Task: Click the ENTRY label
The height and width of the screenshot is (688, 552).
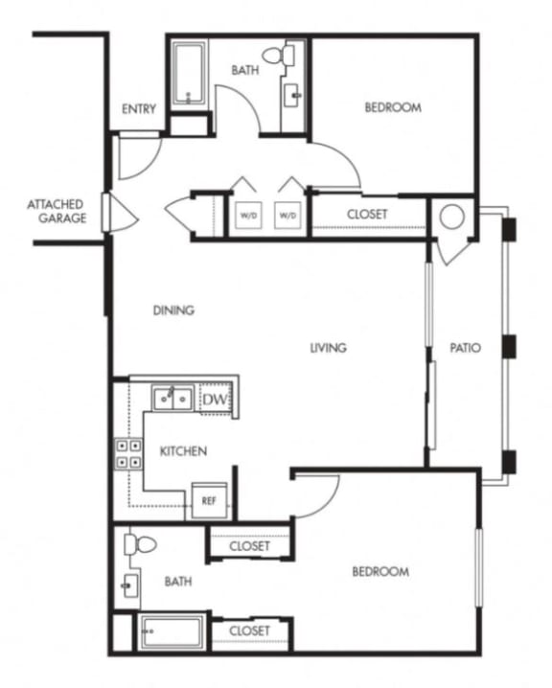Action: tap(139, 109)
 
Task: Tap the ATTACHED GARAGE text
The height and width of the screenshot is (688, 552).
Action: tap(56, 211)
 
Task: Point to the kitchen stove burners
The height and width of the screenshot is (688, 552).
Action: tap(128, 453)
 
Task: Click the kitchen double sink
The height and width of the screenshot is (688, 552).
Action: tap(172, 397)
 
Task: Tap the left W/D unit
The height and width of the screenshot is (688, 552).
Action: tap(245, 215)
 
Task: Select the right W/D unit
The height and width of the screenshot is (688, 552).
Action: tap(287, 215)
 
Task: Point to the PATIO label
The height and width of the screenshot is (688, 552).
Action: tap(466, 348)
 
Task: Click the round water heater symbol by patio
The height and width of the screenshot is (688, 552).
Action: tap(450, 218)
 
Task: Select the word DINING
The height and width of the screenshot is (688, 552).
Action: tap(173, 310)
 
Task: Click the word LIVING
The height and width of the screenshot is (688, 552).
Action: tap(327, 348)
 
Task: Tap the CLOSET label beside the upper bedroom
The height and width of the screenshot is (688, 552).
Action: tap(367, 215)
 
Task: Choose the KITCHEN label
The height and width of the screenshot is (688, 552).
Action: tap(183, 450)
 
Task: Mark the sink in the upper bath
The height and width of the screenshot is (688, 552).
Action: tap(292, 95)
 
